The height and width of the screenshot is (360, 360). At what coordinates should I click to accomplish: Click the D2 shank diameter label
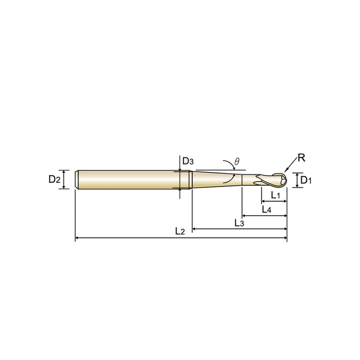coord(54,179)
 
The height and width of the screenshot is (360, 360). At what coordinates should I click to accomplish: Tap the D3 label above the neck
coord(188,161)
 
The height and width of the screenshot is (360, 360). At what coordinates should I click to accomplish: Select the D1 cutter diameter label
coord(306,180)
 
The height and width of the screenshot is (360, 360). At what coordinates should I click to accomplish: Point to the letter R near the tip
coord(301,158)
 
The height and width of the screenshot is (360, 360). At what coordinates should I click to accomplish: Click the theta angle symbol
coord(237,162)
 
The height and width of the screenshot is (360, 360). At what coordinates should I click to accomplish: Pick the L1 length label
coord(275,195)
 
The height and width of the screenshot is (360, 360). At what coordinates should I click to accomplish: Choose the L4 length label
coord(267,209)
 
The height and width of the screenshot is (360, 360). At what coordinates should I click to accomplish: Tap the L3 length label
coord(239,223)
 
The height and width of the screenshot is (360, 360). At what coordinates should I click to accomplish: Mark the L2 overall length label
coord(180,231)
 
